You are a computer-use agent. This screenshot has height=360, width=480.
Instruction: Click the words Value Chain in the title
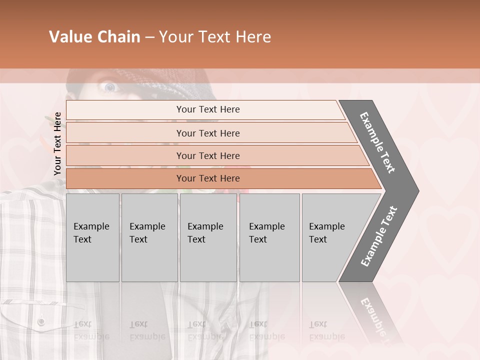94,37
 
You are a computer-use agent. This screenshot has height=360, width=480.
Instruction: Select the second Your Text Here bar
208,133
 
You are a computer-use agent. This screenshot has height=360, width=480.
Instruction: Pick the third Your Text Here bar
208,155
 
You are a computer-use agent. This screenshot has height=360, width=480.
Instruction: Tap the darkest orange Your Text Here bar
208,178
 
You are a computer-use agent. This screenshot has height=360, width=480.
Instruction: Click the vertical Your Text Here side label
58,143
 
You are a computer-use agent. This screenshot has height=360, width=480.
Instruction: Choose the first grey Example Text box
92,237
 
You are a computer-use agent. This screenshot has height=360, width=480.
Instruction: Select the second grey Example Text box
149,237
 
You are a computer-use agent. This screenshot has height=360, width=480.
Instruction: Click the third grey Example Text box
208,237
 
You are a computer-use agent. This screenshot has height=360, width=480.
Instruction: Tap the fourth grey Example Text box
269,237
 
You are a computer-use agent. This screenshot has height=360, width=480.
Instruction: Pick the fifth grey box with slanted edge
330,237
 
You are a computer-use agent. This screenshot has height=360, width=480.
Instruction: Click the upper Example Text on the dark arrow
378,142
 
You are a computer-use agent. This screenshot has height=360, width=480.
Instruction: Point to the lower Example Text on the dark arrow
379,236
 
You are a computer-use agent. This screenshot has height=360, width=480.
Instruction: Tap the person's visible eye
109,87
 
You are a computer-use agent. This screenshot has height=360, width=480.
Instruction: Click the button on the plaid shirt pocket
41,320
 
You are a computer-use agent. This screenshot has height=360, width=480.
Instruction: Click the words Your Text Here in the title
215,37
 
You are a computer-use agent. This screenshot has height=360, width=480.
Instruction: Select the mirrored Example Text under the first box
91,330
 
